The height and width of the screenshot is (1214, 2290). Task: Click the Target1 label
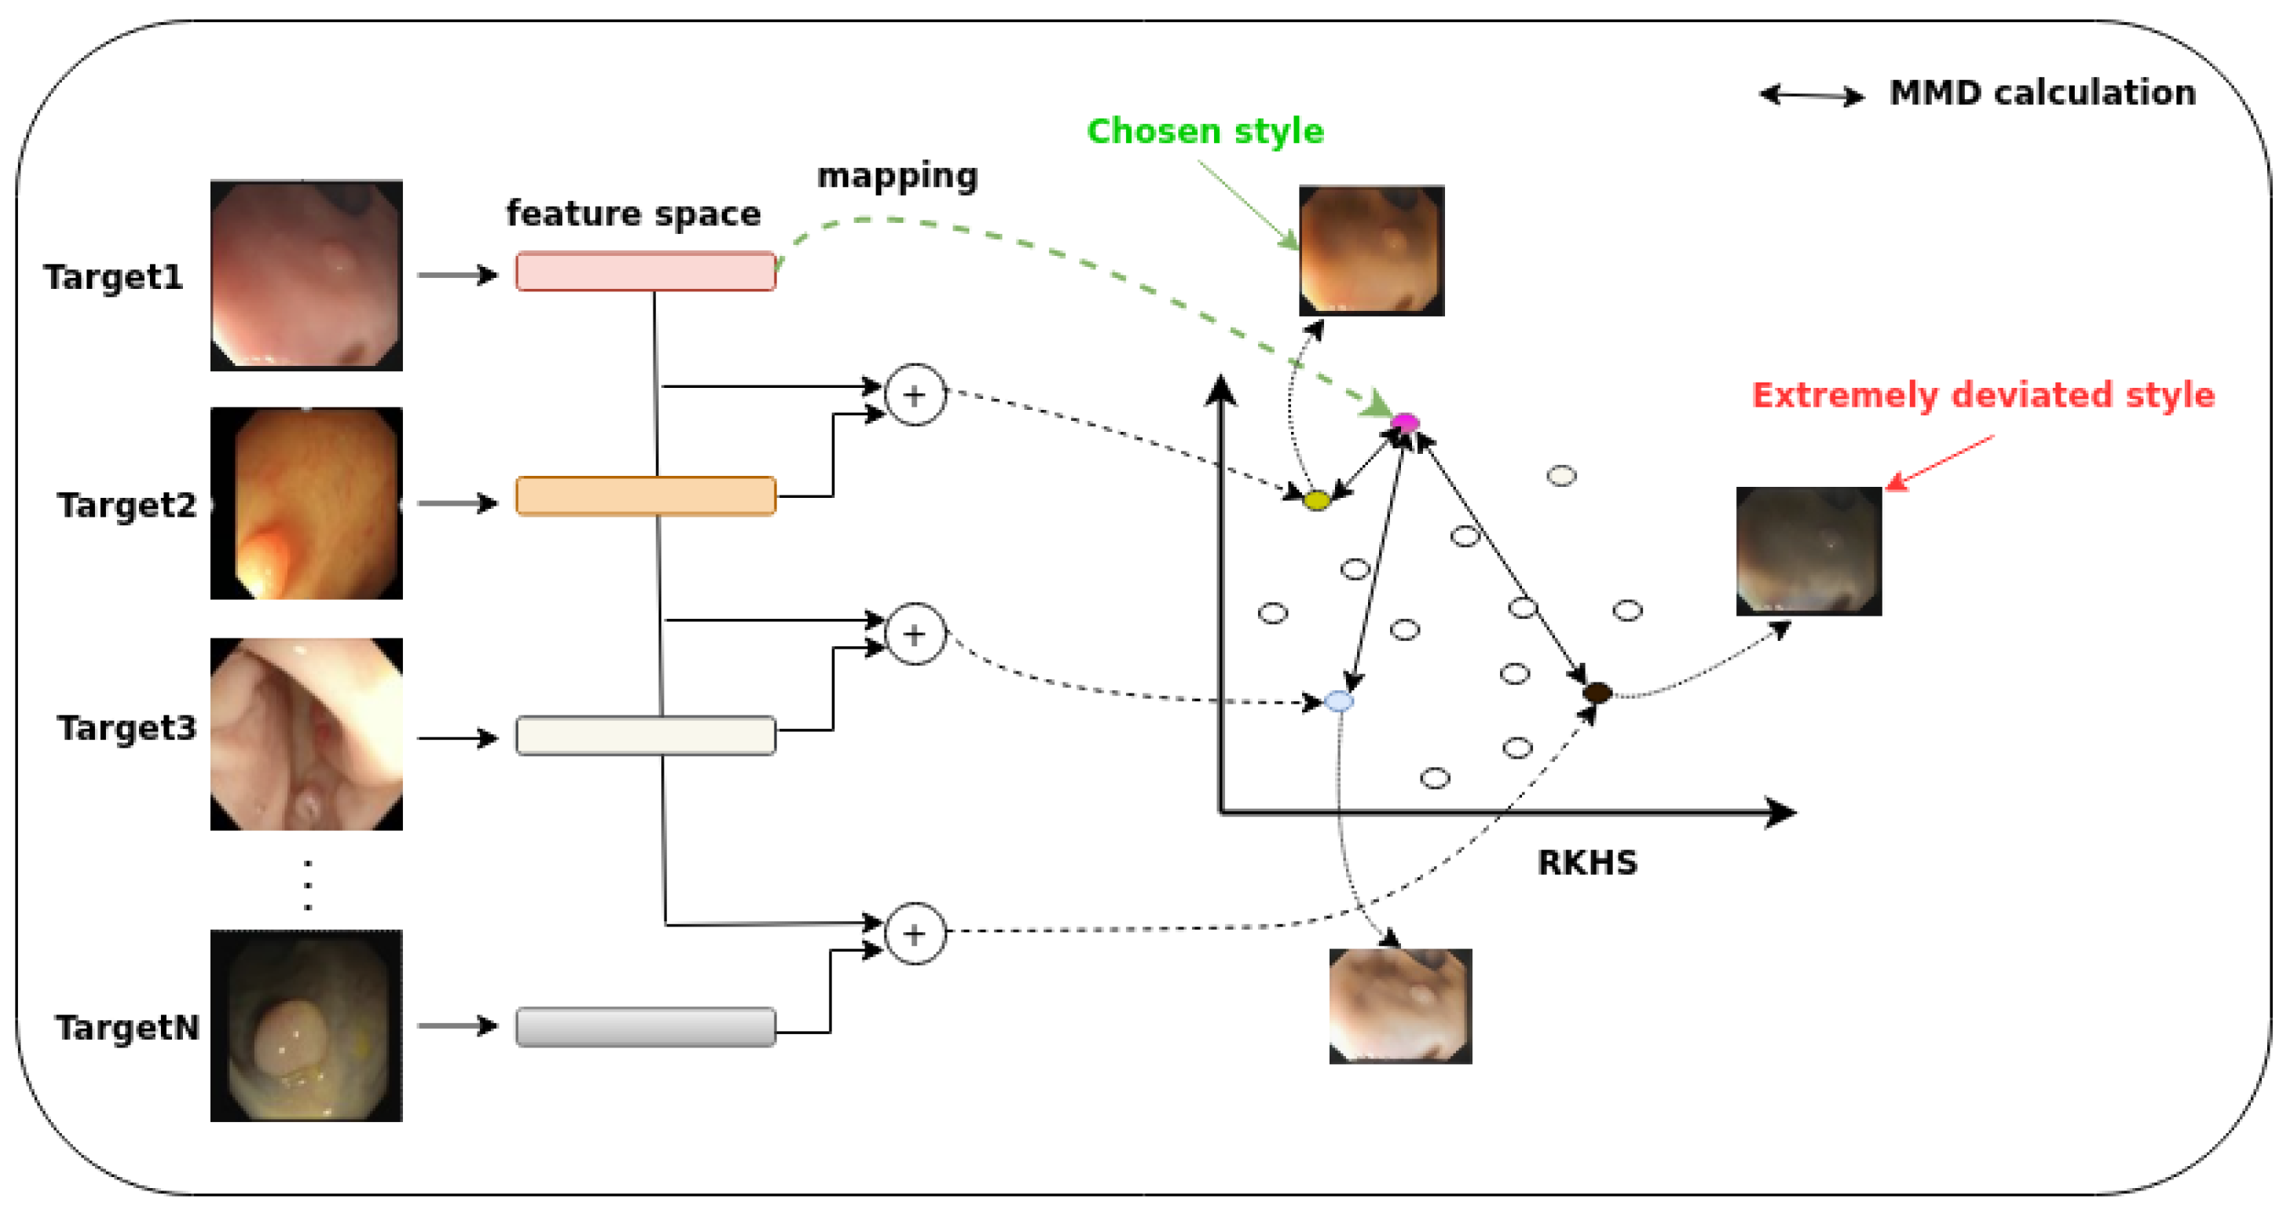(x=113, y=277)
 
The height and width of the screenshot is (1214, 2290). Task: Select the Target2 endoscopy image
(x=307, y=503)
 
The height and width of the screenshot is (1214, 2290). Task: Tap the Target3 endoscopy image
(x=307, y=734)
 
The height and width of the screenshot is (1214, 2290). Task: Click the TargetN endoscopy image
(x=307, y=1026)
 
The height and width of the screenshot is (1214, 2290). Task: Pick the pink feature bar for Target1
(x=646, y=271)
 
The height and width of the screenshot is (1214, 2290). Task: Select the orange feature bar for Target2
(x=646, y=496)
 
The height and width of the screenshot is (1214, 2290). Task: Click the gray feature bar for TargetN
(x=646, y=1027)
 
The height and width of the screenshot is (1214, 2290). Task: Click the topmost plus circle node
(x=915, y=395)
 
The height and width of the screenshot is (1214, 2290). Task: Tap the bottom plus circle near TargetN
(x=915, y=934)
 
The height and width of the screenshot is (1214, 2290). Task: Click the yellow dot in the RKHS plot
(x=1316, y=500)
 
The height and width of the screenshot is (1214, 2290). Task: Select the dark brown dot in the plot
(x=1597, y=693)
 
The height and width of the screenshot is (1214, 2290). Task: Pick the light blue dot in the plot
(x=1339, y=701)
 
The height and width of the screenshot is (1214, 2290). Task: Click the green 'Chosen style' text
(x=1205, y=132)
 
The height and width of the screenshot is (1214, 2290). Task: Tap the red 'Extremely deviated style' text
(x=1983, y=396)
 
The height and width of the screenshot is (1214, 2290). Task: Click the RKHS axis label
(x=1588, y=863)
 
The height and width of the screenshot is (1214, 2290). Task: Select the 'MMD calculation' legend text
(x=2043, y=93)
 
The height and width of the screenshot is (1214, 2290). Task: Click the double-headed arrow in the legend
(x=1812, y=95)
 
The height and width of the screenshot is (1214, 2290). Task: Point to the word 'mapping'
(x=898, y=177)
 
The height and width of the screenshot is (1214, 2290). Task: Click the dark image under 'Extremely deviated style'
(x=1809, y=551)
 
